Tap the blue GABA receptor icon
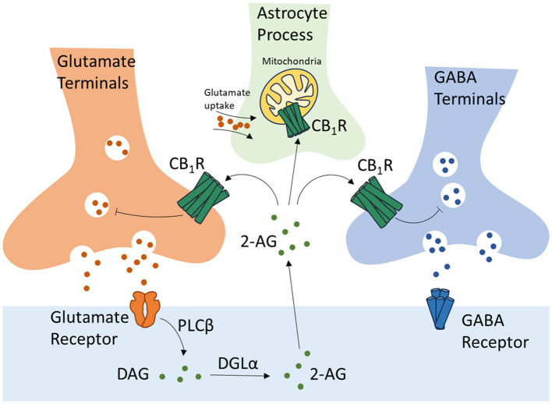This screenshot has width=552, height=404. (x=448, y=321)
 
